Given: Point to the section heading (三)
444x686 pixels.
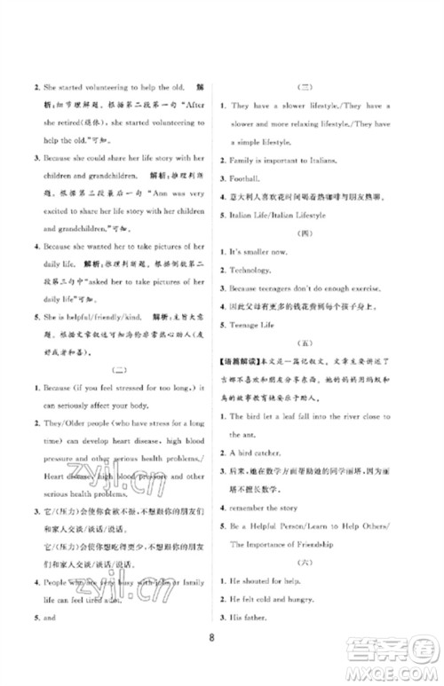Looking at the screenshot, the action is (305, 86).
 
